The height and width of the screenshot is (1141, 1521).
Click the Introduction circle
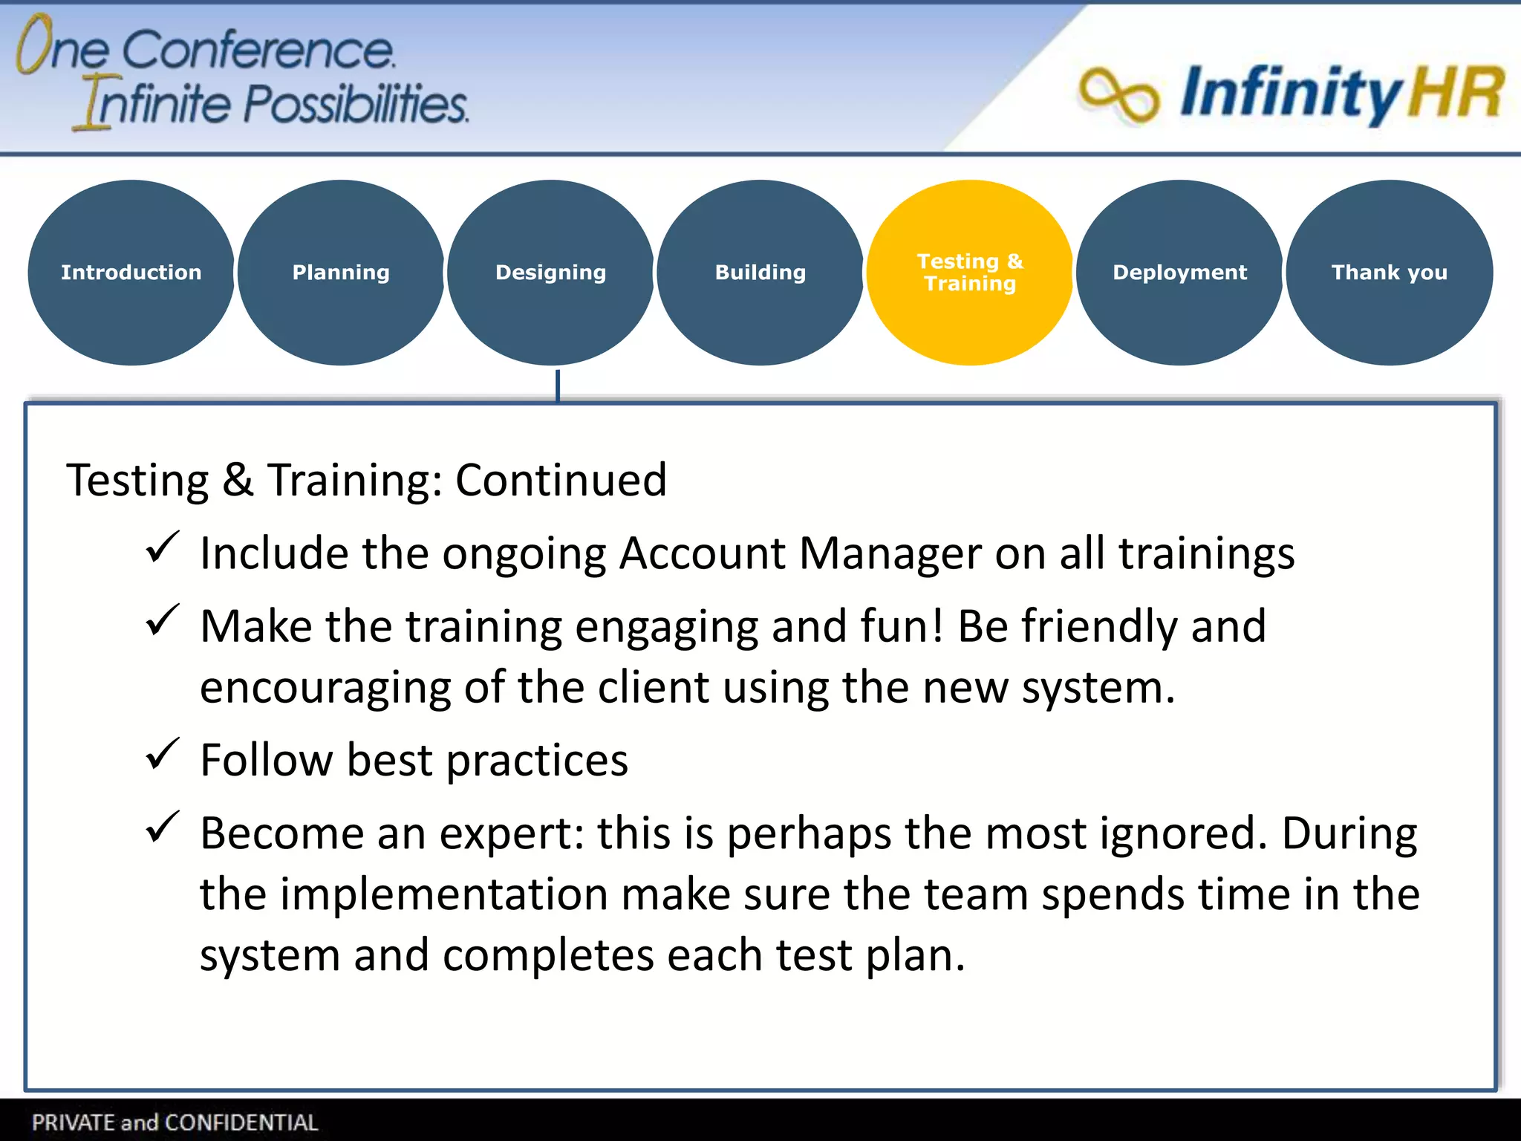click(131, 273)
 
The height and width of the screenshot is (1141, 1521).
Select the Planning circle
click(341, 273)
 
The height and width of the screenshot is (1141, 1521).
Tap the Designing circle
click(550, 273)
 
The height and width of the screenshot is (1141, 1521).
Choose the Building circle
click(760, 273)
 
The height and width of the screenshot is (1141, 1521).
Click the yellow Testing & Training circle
click(970, 273)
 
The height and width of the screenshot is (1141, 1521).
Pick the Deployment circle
click(1179, 273)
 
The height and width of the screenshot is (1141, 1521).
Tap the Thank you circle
click(1389, 273)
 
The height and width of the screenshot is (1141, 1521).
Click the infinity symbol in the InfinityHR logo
click(1118, 95)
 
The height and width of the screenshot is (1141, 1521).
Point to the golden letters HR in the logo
click(1456, 94)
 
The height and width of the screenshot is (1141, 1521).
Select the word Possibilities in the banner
click(356, 104)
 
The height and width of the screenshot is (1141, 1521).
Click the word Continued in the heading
click(561, 480)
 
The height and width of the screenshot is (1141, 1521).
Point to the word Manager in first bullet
click(890, 554)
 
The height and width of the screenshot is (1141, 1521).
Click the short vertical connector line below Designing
click(558, 385)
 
